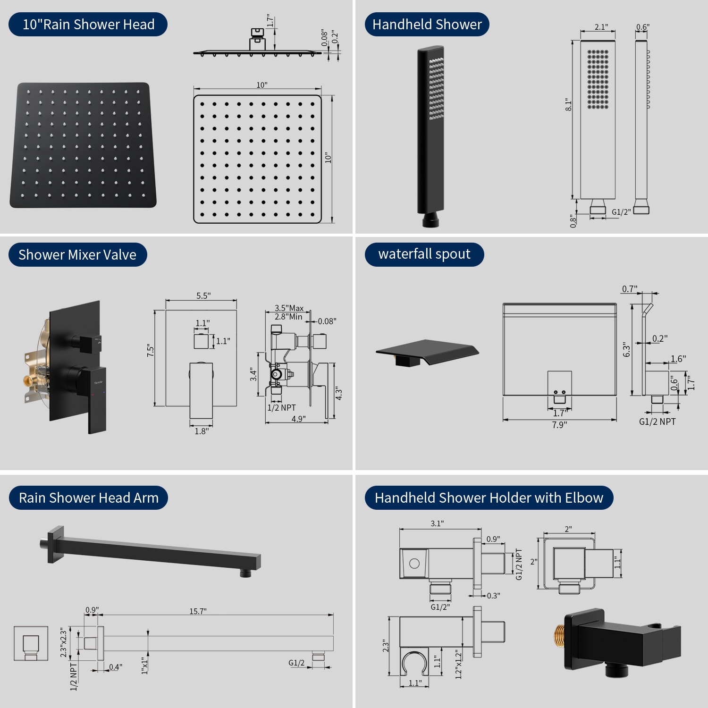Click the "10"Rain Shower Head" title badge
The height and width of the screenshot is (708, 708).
click(88, 25)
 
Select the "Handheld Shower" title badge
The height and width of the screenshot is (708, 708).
click(427, 25)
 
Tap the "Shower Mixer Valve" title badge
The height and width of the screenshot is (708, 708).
click(77, 255)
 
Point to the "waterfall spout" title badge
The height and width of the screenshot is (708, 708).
click(424, 254)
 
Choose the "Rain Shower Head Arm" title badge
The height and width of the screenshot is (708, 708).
click(88, 498)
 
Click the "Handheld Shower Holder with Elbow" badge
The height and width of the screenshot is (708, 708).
click(489, 498)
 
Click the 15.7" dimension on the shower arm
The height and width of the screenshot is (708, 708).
click(198, 611)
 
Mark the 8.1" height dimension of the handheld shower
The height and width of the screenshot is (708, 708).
click(569, 105)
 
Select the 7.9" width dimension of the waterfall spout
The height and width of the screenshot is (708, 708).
click(559, 425)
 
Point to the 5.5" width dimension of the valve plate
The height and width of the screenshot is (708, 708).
click(203, 296)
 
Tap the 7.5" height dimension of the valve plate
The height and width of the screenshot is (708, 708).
click(151, 350)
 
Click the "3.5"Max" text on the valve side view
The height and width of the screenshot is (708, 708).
click(289, 308)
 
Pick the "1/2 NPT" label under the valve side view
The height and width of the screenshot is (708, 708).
click(282, 408)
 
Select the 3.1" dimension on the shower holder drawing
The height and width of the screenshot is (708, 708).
click(437, 523)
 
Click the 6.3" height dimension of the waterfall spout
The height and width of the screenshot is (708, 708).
click(626, 350)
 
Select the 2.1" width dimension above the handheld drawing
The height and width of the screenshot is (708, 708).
click(601, 27)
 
